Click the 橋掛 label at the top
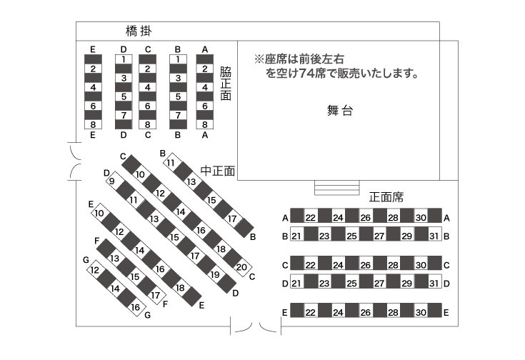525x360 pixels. (x=139, y=31)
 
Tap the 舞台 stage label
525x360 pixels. (x=340, y=110)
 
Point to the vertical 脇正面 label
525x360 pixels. (x=226, y=84)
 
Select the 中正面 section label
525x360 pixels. (x=218, y=171)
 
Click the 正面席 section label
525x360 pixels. (x=386, y=197)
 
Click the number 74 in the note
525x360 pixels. (x=306, y=73)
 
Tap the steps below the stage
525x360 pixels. (x=337, y=188)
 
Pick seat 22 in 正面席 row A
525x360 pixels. (x=311, y=217)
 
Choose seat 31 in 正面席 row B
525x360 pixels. (x=434, y=236)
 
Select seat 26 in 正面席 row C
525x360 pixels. (x=365, y=265)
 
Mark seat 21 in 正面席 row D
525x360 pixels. (x=296, y=284)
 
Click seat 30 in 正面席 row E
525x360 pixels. (x=421, y=312)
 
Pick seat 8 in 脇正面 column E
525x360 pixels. (x=93, y=124)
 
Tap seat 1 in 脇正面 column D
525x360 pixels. (x=124, y=59)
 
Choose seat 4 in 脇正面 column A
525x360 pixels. (x=205, y=87)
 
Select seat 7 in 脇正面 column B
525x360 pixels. (x=178, y=115)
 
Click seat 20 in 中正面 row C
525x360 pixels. (x=241, y=267)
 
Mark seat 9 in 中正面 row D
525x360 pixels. (x=113, y=181)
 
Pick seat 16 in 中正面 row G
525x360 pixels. (x=136, y=307)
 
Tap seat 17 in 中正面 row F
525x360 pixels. (x=156, y=296)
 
